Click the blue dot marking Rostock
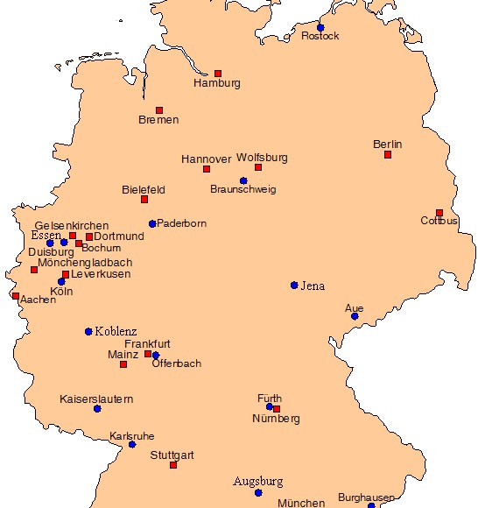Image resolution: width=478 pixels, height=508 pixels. pyautogui.click(x=320, y=28)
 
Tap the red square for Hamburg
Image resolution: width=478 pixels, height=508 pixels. pyautogui.click(x=218, y=74)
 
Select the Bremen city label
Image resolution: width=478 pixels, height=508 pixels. pyautogui.click(x=158, y=120)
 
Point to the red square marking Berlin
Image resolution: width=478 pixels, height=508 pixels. pyautogui.click(x=388, y=155)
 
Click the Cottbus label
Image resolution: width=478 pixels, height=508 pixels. pyautogui.click(x=439, y=221)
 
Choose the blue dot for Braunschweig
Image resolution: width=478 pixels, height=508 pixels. pyautogui.click(x=243, y=181)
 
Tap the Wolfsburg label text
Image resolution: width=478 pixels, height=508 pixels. pyautogui.click(x=262, y=158)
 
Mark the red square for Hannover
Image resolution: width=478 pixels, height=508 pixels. pyautogui.click(x=207, y=169)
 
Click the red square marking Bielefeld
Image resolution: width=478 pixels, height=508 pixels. pyautogui.click(x=144, y=200)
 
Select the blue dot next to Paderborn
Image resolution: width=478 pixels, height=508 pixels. pyautogui.click(x=152, y=224)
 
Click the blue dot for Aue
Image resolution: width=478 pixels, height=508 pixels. pyautogui.click(x=355, y=316)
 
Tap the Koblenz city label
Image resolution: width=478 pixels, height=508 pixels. pyautogui.click(x=116, y=331)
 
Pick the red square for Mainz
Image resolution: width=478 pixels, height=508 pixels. pyautogui.click(x=123, y=364)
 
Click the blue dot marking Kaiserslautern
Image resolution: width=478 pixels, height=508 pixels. pyautogui.click(x=97, y=409)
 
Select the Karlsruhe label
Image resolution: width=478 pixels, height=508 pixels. pyautogui.click(x=132, y=435)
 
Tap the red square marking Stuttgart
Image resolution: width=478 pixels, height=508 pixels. pyautogui.click(x=173, y=465)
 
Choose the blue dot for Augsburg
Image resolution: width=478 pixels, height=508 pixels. pyautogui.click(x=258, y=493)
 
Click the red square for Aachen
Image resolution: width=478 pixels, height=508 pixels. pyautogui.click(x=16, y=296)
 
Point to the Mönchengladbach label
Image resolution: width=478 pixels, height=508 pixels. pyautogui.click(x=85, y=262)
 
